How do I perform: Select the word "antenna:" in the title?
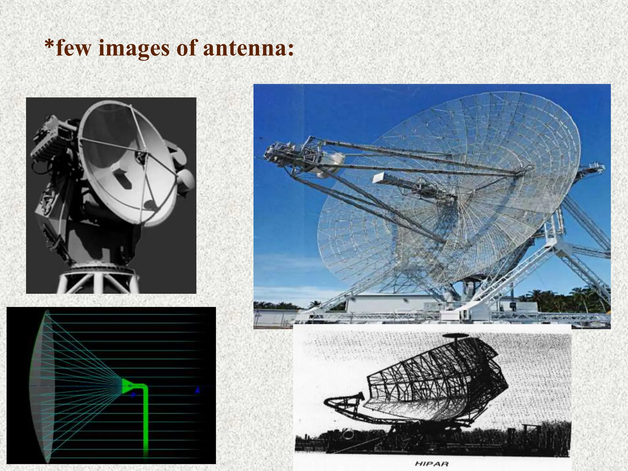(x=248, y=48)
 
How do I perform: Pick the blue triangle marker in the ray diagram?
(x=198, y=390)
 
